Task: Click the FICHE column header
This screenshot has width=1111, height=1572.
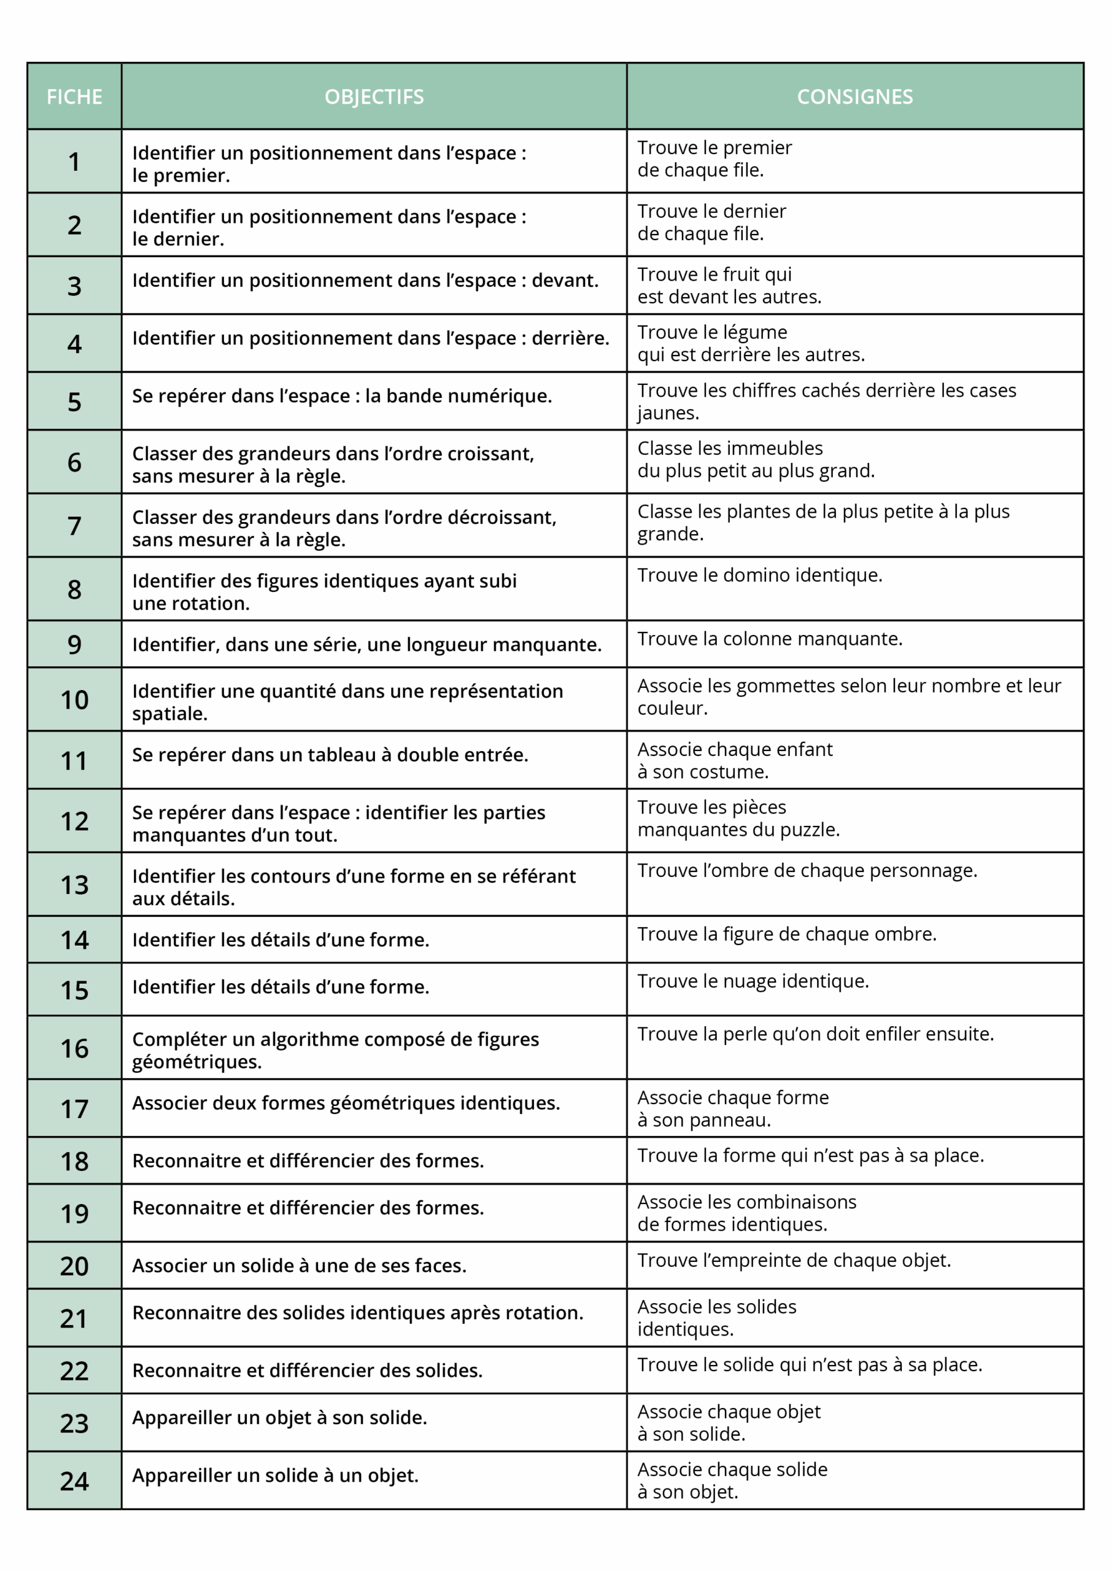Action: pos(74,96)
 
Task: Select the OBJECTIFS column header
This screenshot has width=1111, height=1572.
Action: pos(374,96)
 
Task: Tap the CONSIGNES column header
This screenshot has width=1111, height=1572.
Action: pos(854,96)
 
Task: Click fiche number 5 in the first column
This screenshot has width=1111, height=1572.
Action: pos(74,402)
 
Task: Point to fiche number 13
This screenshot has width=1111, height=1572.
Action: pos(74,885)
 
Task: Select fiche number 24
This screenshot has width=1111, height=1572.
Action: pos(74,1482)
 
